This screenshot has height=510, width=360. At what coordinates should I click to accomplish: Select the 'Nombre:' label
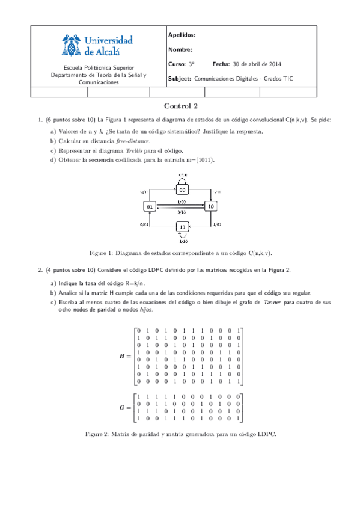pyautogui.click(x=180, y=50)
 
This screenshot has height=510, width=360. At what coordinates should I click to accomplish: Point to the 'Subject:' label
pyautogui.click(x=180, y=79)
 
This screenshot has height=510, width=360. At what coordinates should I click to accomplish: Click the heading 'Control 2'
pyautogui.click(x=180, y=106)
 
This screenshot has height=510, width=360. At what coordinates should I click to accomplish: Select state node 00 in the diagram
pyautogui.click(x=183, y=189)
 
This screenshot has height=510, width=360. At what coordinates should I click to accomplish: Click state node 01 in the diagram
pyautogui.click(x=150, y=206)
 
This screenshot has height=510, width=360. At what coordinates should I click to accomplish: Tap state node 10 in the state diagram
pyautogui.click(x=210, y=206)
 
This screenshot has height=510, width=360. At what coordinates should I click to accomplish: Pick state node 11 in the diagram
pyautogui.click(x=183, y=227)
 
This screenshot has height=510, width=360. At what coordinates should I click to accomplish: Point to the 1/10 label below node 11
pyautogui.click(x=183, y=241)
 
